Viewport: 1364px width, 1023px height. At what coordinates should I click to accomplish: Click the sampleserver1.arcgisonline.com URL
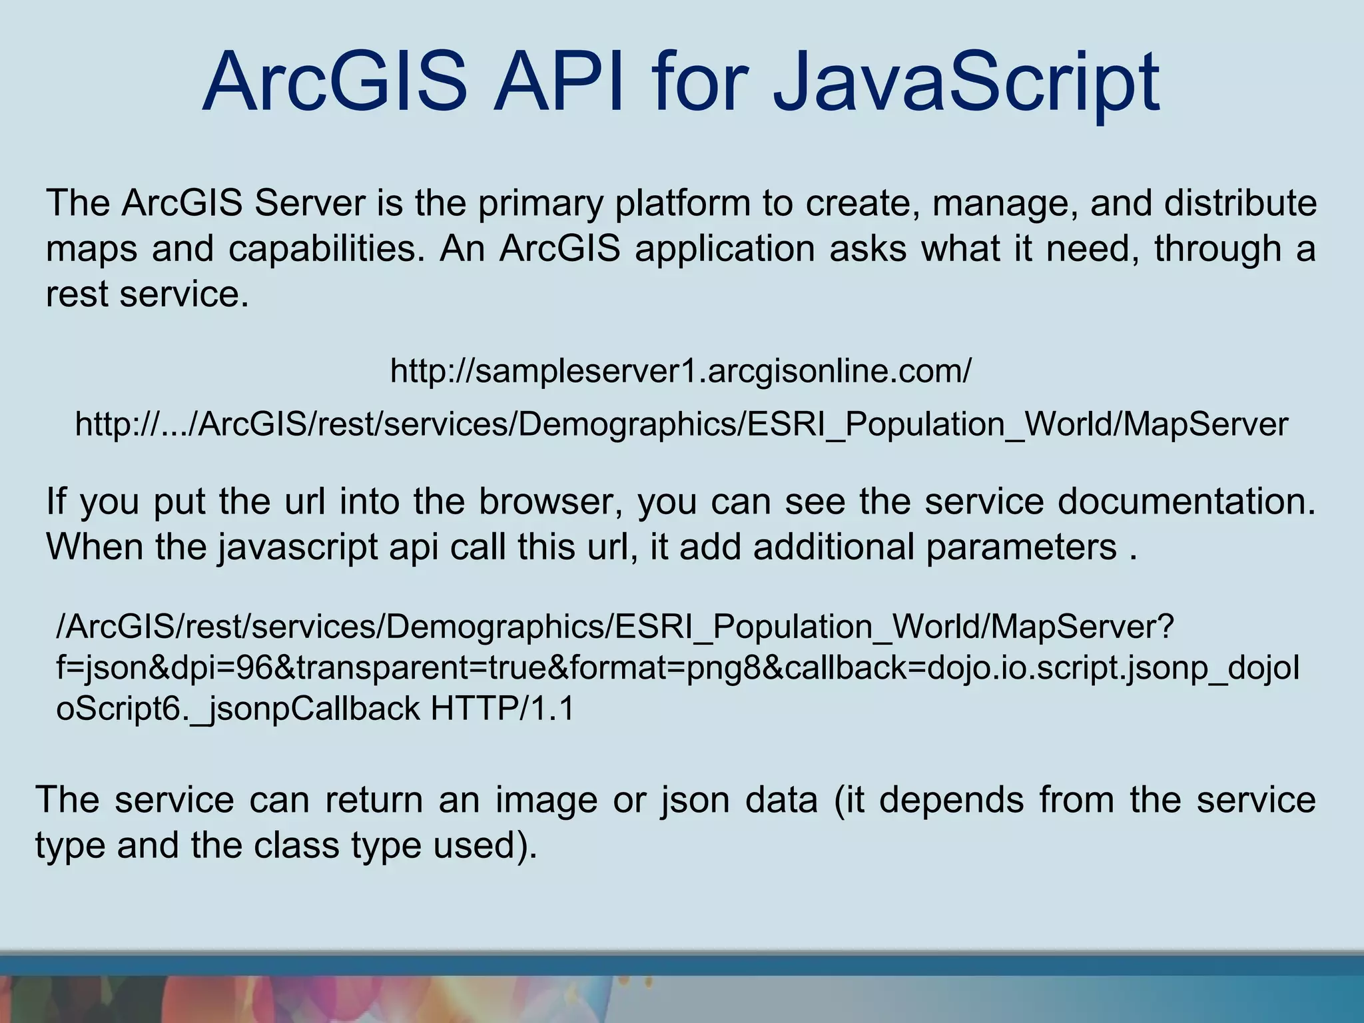[x=681, y=371]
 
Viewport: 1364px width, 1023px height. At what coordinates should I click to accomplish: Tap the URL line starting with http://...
[x=681, y=424]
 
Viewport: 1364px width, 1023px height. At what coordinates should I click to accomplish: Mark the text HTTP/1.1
[x=502, y=709]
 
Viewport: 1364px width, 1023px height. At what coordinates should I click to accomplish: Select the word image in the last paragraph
[x=546, y=800]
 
